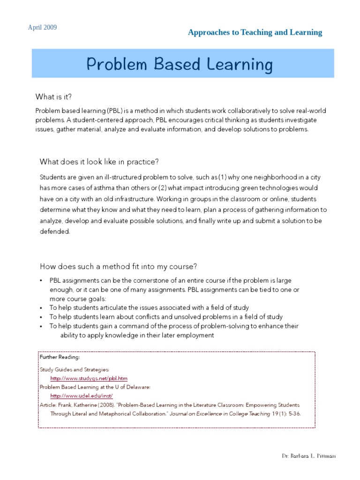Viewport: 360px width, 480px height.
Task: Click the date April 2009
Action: pyautogui.click(x=42, y=28)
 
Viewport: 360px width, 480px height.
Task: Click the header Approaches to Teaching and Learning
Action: pyautogui.click(x=255, y=32)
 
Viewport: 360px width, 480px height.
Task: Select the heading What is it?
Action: pyautogui.click(x=54, y=97)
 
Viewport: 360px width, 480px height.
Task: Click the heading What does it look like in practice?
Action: pyautogui.click(x=99, y=162)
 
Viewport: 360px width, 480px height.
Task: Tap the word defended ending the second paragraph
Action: pyautogui.click(x=54, y=231)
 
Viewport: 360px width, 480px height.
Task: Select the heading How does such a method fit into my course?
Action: pyautogui.click(x=118, y=266)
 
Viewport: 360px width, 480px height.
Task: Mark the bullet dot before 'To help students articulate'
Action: pyautogui.click(x=41, y=308)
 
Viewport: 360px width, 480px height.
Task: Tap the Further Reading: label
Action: pyautogui.click(x=60, y=357)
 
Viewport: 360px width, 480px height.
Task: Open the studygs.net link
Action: pyautogui.click(x=89, y=378)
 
